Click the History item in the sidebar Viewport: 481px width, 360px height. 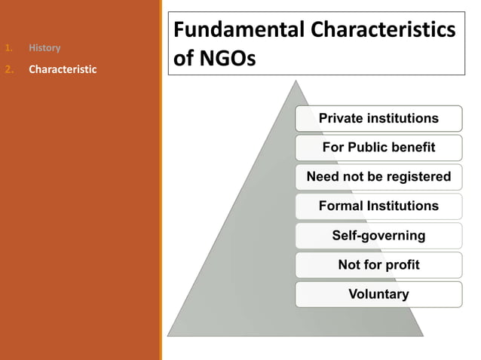pos(44,48)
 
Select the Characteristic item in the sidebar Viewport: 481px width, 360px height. pos(63,69)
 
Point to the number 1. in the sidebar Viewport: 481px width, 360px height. pos(9,48)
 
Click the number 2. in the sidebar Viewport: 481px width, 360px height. pos(9,69)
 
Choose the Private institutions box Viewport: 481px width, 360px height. pos(378,118)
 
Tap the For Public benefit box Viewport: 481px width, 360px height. pos(378,148)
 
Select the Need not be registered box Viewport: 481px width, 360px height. pos(378,177)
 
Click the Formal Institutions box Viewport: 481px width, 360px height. pos(378,206)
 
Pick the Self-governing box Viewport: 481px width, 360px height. pos(378,235)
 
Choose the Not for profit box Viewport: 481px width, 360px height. pos(378,264)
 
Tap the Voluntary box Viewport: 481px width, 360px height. pos(378,294)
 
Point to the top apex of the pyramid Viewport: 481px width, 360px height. pos(295,82)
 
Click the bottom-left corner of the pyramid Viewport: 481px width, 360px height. pos(169,334)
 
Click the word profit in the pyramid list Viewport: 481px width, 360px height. pos(402,264)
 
